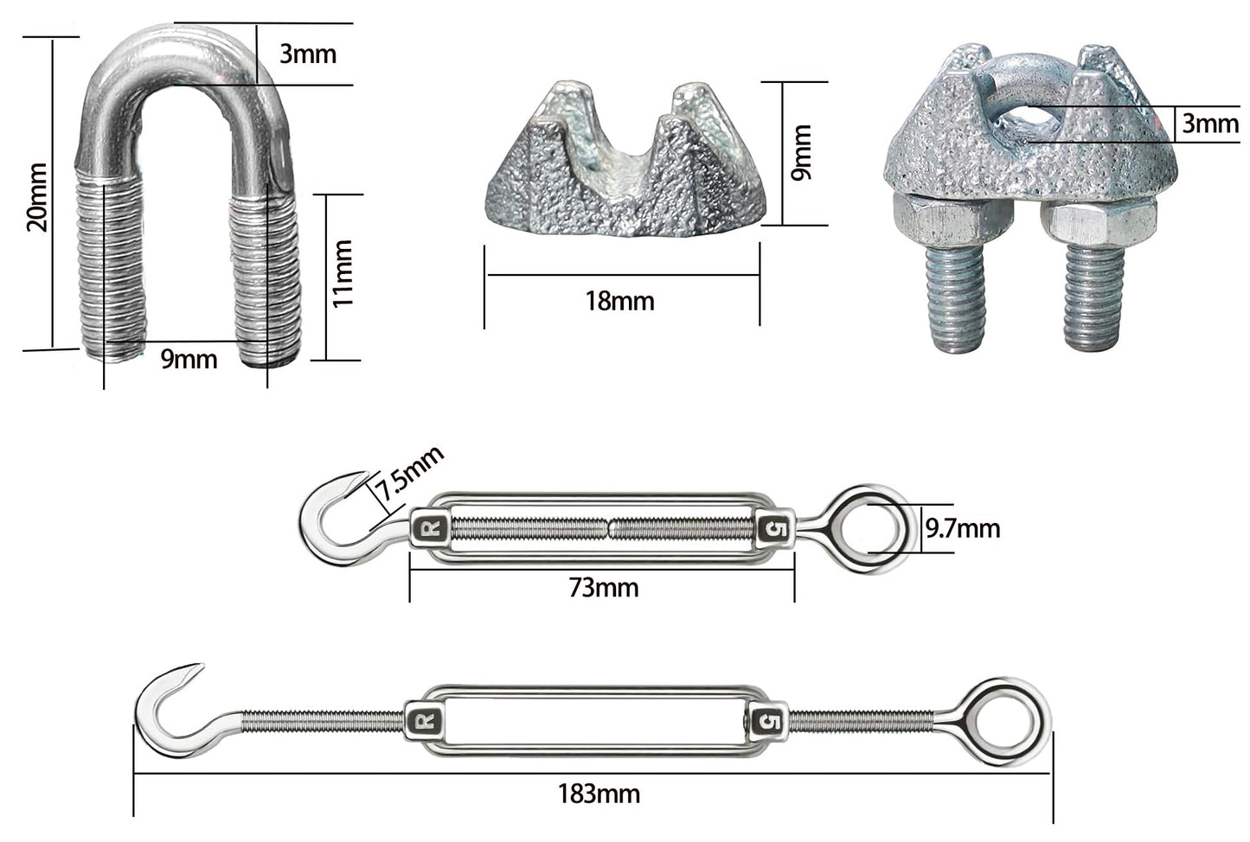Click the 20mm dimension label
(37, 197)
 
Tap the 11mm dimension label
(342, 273)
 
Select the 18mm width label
(619, 301)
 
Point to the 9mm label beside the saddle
(801, 152)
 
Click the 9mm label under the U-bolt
(189, 359)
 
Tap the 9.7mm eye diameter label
(963, 528)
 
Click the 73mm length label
(604, 588)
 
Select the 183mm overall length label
(599, 794)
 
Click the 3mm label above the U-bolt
(308, 54)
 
